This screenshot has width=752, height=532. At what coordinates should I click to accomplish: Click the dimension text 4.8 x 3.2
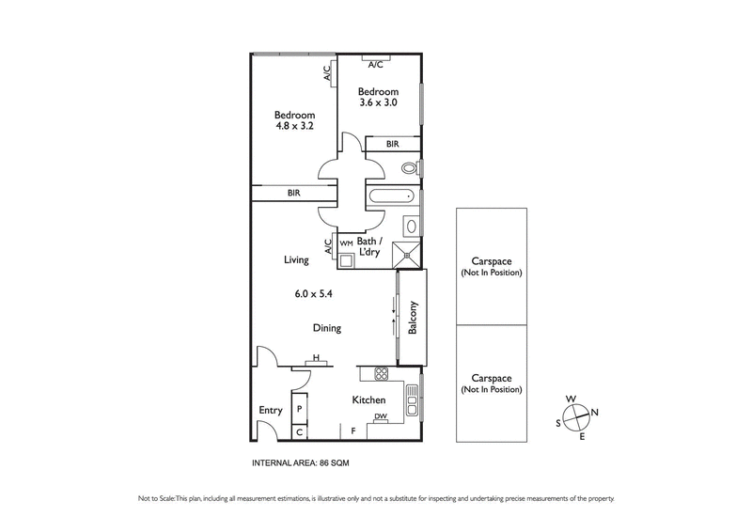[294, 125]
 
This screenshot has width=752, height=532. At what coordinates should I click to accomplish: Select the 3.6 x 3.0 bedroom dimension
[378, 102]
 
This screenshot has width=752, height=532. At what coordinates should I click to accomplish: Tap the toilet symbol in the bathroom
[408, 168]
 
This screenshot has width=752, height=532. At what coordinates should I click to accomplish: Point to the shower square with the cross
[406, 253]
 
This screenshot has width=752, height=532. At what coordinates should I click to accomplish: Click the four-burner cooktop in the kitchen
[383, 374]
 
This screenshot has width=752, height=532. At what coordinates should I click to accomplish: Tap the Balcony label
[413, 318]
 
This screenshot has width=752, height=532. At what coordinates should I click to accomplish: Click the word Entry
[270, 410]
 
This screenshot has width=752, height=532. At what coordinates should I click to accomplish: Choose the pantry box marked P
[299, 410]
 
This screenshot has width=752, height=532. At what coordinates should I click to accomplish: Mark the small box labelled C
[299, 432]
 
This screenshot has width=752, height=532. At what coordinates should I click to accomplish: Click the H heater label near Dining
[317, 357]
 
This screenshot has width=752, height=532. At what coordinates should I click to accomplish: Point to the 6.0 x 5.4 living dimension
[314, 293]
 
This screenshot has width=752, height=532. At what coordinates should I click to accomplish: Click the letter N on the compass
[595, 413]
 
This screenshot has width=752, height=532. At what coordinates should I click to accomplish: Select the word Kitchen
[369, 400]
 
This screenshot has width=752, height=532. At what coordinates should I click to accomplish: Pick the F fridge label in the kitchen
[353, 431]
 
